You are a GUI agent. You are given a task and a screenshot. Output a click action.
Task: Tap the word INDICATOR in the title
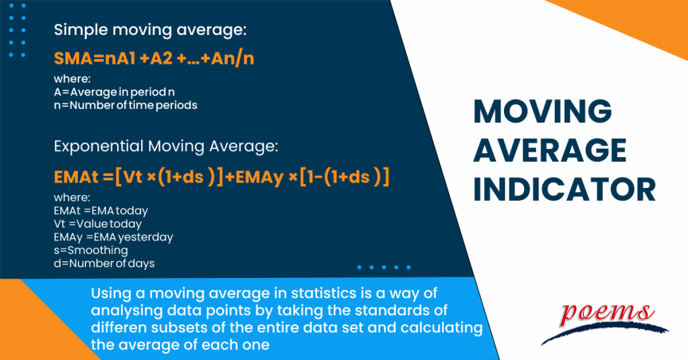click(x=564, y=189)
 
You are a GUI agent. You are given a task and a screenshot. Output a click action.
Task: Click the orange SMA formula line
click(x=154, y=59)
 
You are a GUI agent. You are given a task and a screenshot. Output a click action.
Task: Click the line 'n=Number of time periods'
click(x=126, y=105)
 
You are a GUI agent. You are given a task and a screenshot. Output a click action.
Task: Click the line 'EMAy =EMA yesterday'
click(x=114, y=237)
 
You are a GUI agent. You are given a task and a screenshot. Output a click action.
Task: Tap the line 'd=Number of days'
click(x=104, y=263)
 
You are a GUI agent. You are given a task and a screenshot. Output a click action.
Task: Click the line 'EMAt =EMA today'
click(x=101, y=211)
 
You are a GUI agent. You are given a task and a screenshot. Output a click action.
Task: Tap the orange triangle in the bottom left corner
click(x=24, y=329)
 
